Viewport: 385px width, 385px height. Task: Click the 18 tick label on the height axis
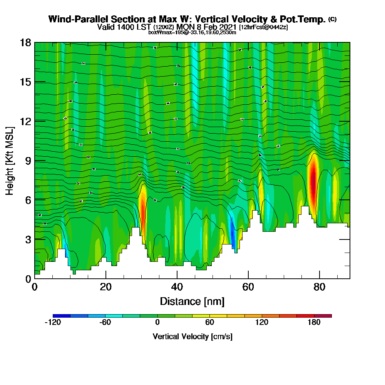point(25,42)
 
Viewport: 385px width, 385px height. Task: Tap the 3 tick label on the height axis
point(28,239)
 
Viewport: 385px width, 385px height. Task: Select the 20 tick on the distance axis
point(106,278)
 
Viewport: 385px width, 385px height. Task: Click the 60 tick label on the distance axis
point(248,287)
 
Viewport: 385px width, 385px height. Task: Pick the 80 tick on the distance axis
point(320,278)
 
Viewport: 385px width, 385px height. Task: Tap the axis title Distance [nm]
point(192,301)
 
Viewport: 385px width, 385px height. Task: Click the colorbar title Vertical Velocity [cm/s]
point(192,336)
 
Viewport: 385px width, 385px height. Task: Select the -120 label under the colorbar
point(53,323)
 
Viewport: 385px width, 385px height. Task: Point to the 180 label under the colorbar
point(314,323)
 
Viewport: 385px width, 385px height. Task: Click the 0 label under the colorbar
point(157,323)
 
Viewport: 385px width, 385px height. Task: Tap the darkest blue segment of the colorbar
point(62,316)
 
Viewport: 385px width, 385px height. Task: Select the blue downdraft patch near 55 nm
point(232,231)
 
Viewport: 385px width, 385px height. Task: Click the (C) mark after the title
point(332,19)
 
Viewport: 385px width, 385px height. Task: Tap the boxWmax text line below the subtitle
point(192,32)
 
